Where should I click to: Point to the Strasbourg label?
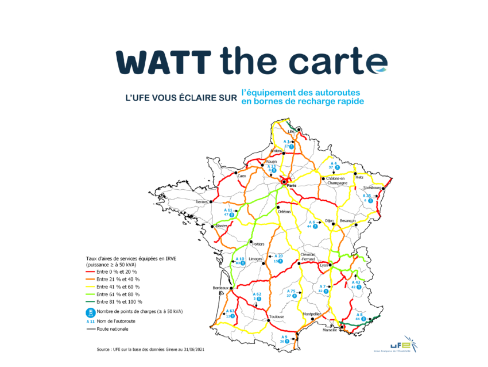tap(373, 188)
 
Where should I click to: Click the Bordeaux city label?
tap(220, 288)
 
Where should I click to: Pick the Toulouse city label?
tap(276, 317)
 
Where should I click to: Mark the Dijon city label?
tap(329, 220)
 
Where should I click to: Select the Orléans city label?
tap(285, 212)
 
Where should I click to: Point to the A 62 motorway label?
tap(257, 294)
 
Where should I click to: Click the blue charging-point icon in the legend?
tap(89, 313)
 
